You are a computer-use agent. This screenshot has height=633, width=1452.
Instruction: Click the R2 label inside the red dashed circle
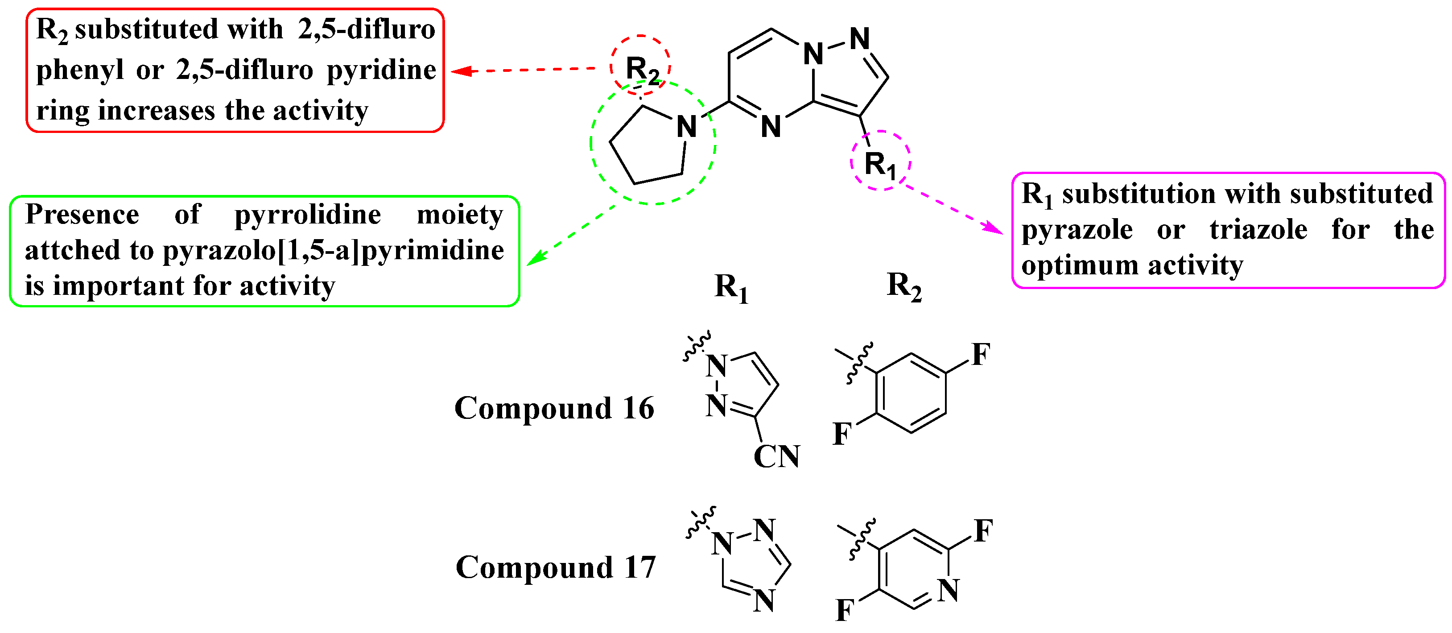641,70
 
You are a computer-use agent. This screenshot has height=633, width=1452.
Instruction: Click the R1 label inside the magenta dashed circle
879,165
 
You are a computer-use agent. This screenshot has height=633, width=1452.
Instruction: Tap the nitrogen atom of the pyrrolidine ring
686,126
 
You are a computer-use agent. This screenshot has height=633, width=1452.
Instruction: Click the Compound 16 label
554,408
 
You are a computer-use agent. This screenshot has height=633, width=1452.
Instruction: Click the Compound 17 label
556,567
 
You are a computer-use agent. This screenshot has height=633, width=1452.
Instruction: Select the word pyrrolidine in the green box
308,215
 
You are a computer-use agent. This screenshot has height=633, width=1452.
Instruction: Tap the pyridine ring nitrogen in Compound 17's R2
949,590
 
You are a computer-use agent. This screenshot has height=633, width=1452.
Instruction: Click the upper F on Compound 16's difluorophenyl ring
981,355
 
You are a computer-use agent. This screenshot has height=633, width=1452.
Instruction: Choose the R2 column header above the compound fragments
903,286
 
